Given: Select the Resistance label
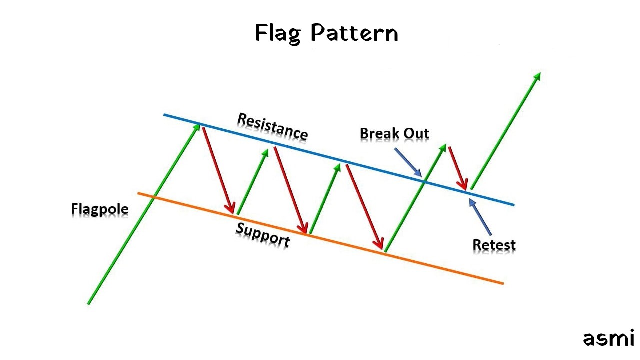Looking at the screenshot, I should (x=272, y=126).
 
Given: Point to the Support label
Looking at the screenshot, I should (x=263, y=234).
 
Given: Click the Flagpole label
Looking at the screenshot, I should (x=100, y=209).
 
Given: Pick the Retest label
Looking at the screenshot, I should (x=494, y=245).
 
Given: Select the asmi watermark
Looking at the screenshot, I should (x=608, y=338).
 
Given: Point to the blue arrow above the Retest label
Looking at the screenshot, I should (x=480, y=217).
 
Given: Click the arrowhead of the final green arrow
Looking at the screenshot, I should (x=537, y=76).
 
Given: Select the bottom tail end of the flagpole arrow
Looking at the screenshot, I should (x=89, y=303).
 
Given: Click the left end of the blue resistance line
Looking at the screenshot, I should (x=165, y=115).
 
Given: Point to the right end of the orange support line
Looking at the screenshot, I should (x=502, y=283).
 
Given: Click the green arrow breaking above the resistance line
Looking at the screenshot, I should (x=415, y=197).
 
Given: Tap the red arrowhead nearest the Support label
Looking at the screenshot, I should (x=231, y=208).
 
